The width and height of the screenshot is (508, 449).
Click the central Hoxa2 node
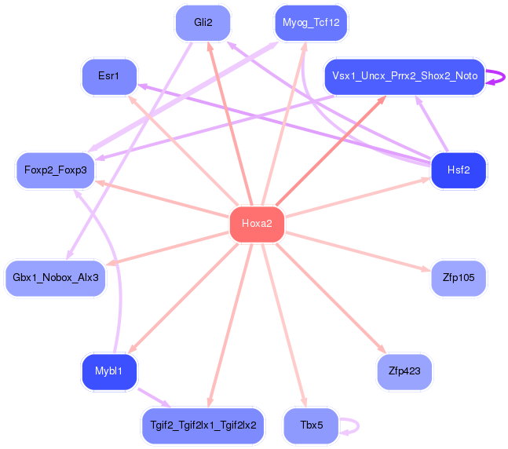(x=257, y=224)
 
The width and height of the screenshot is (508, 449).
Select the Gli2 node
(x=203, y=23)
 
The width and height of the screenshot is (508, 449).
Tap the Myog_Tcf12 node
(x=311, y=23)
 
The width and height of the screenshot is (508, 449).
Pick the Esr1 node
(x=109, y=77)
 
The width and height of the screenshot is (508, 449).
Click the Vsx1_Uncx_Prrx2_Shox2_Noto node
(x=404, y=77)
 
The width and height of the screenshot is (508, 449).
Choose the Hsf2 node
(x=459, y=170)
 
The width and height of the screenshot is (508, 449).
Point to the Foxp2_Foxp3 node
(x=56, y=170)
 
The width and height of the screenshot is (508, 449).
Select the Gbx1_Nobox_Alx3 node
(x=56, y=277)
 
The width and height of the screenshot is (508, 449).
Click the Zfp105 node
(x=459, y=277)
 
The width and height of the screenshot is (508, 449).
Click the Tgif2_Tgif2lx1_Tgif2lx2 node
(x=203, y=425)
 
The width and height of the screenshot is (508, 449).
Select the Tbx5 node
(x=311, y=425)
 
